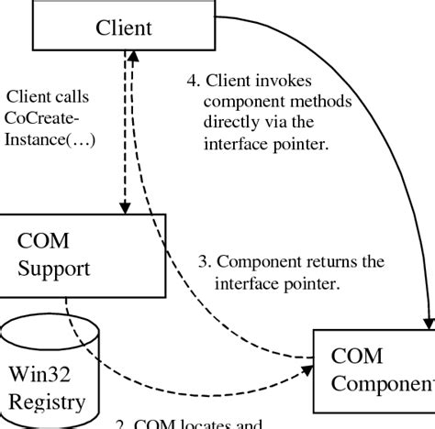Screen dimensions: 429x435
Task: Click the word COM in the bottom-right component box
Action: pos(356,356)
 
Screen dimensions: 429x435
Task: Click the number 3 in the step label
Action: pos(204,262)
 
